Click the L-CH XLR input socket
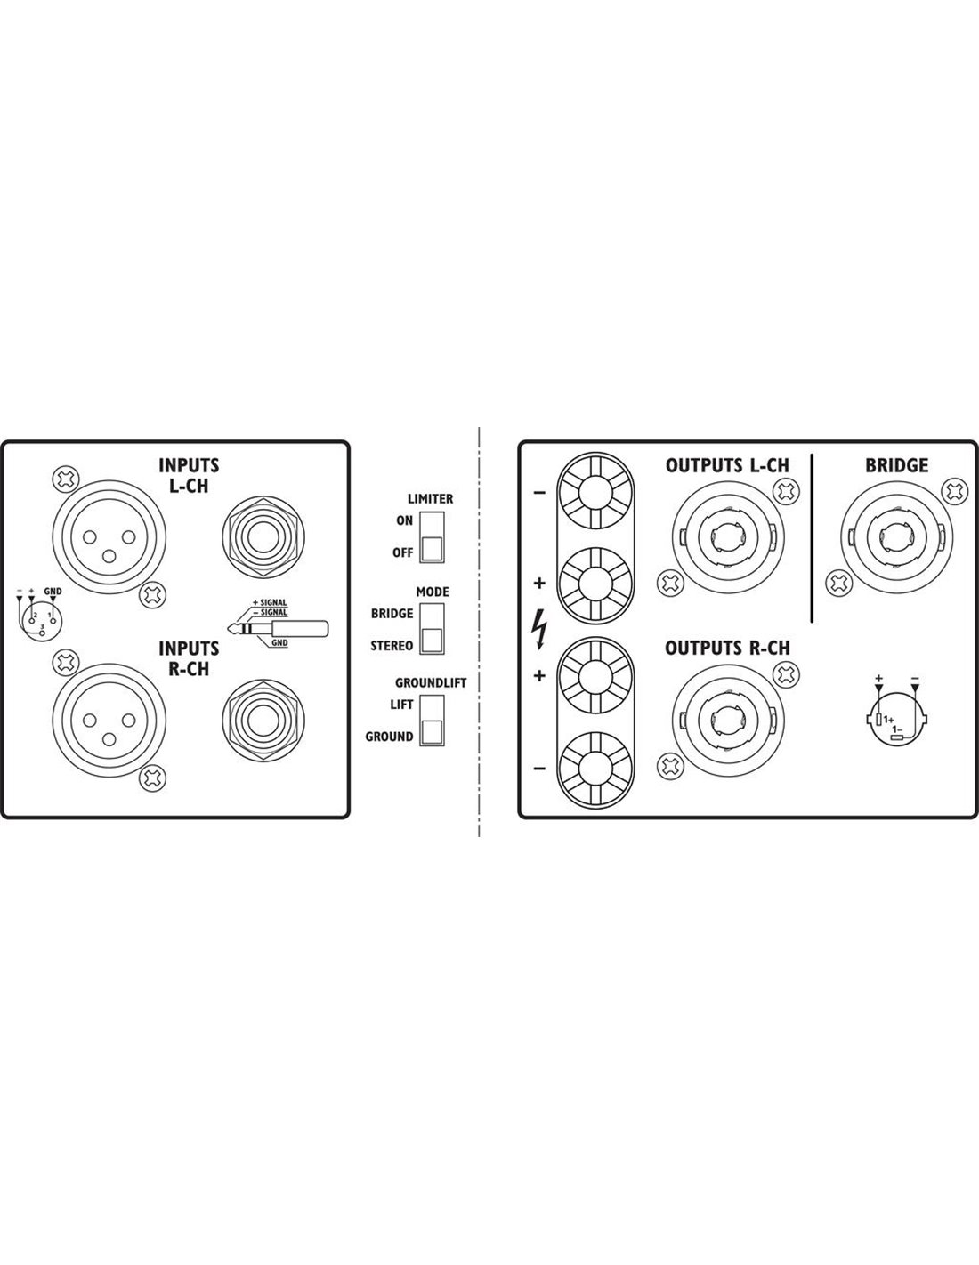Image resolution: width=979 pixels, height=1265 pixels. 109,536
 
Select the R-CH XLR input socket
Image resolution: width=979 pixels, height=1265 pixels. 109,720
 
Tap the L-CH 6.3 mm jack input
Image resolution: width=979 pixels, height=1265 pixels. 263,537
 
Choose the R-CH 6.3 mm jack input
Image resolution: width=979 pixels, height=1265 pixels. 263,720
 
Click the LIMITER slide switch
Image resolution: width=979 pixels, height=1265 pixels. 433,536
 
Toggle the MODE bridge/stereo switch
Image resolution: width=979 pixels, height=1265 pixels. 433,629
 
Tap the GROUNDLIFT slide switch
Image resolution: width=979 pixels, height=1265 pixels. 433,721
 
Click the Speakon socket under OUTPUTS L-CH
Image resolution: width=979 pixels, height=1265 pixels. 728,536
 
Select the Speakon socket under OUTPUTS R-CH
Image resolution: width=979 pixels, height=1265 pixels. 728,720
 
